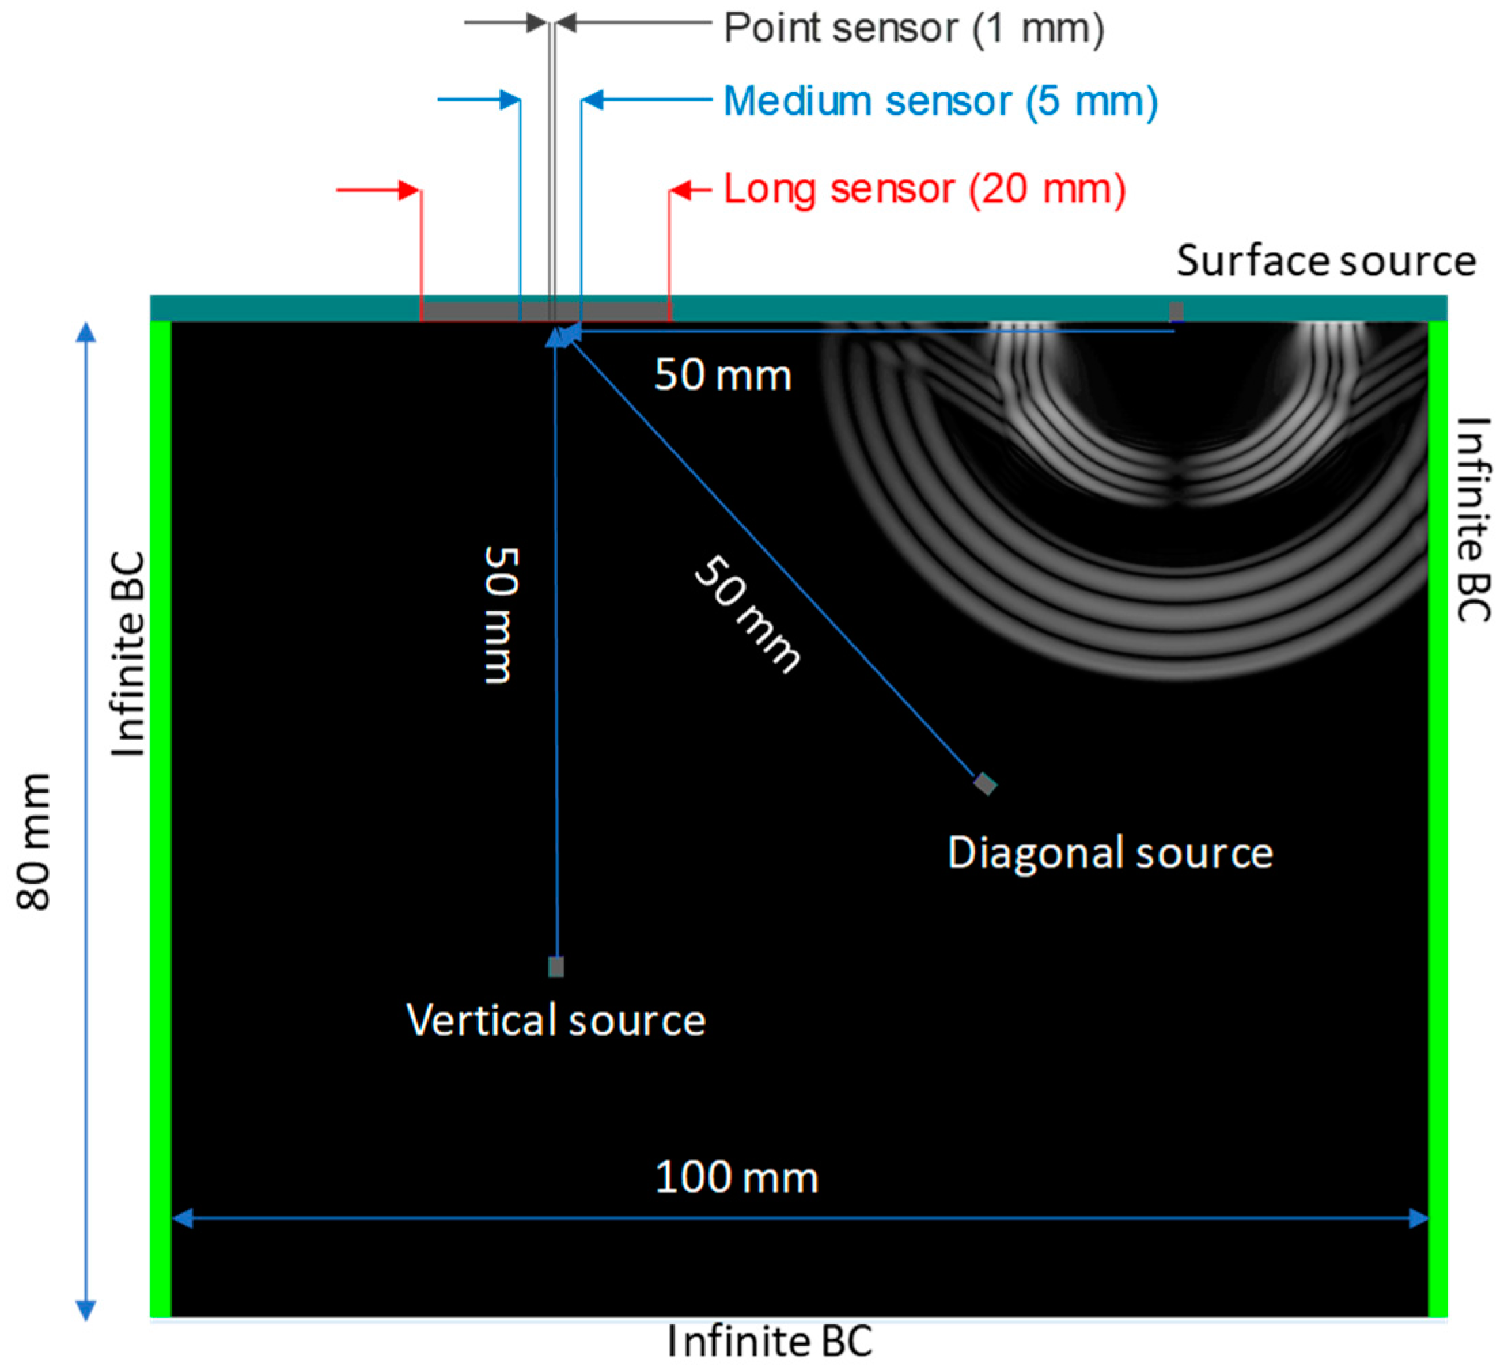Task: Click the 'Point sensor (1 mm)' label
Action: pyautogui.click(x=914, y=29)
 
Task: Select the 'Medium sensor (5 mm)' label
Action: pyautogui.click(x=940, y=101)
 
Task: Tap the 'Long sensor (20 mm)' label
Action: pyautogui.click(x=924, y=189)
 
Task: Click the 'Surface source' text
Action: pyautogui.click(x=1325, y=261)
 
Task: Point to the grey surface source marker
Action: pyautogui.click(x=1176, y=311)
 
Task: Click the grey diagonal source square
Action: pyautogui.click(x=985, y=784)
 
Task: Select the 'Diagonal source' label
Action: pyautogui.click(x=1109, y=853)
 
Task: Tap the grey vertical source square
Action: pyautogui.click(x=556, y=967)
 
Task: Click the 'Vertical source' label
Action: pyautogui.click(x=555, y=1021)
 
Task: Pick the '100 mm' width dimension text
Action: pyautogui.click(x=736, y=1177)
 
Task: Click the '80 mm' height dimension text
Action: pyautogui.click(x=34, y=842)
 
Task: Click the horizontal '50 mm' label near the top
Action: pyautogui.click(x=722, y=374)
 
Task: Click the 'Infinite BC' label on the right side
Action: pyautogui.click(x=1473, y=520)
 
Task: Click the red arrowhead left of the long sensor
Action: pyautogui.click(x=408, y=190)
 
